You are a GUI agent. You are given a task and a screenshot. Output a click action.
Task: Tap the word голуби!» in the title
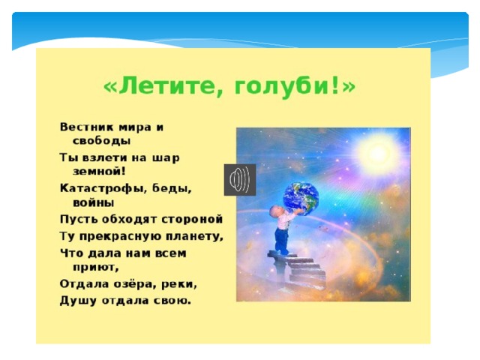[x=295, y=87]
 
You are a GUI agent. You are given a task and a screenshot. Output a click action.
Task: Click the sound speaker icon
[x=240, y=180]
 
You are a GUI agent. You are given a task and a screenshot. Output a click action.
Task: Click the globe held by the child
[x=301, y=197]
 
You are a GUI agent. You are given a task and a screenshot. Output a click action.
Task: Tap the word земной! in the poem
[x=99, y=171]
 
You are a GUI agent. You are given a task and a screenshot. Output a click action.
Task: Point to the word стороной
[x=192, y=220]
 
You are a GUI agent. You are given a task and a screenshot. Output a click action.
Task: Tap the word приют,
[x=95, y=268]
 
